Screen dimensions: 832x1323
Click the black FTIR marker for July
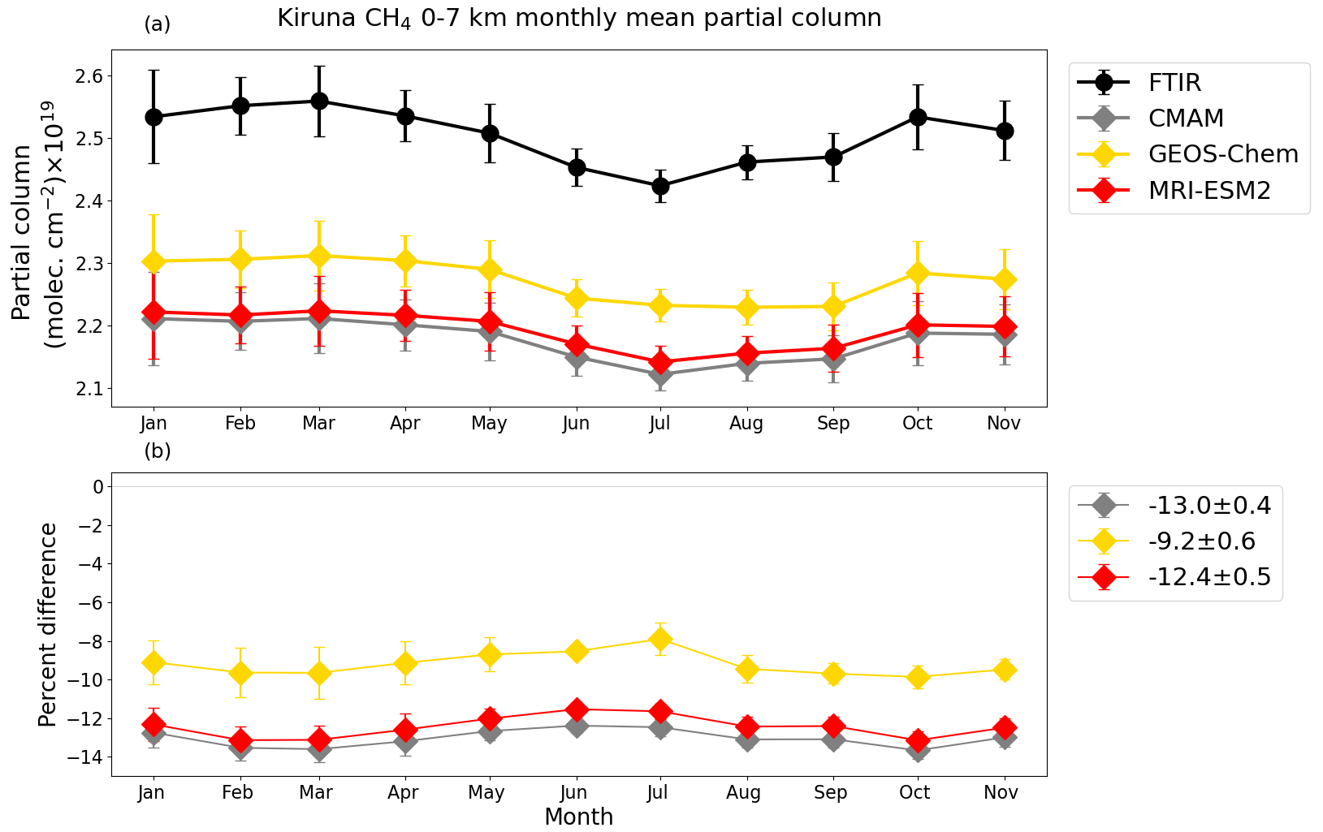pyautogui.click(x=660, y=186)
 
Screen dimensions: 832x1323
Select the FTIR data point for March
pyautogui.click(x=319, y=101)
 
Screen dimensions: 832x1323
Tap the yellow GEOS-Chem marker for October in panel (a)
pyautogui.click(x=918, y=273)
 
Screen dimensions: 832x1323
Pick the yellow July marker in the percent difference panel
pyautogui.click(x=660, y=640)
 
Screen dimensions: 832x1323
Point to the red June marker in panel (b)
pyautogui.click(x=577, y=709)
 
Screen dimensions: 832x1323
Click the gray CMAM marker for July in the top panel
pyautogui.click(x=660, y=375)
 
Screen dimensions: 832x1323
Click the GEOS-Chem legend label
pyautogui.click(x=1223, y=154)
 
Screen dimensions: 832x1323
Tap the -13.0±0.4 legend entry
pyautogui.click(x=1209, y=506)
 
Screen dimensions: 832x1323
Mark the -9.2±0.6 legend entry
pyautogui.click(x=1201, y=541)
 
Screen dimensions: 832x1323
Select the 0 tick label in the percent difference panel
pyautogui.click(x=97, y=487)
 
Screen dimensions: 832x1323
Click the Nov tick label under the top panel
pyautogui.click(x=1004, y=424)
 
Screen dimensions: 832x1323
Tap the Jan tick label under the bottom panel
pyautogui.click(x=152, y=793)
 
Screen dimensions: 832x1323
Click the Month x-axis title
pyautogui.click(x=578, y=817)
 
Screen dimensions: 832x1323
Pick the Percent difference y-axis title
pyautogui.click(x=48, y=625)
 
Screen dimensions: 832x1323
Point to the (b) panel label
pyautogui.click(x=158, y=451)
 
